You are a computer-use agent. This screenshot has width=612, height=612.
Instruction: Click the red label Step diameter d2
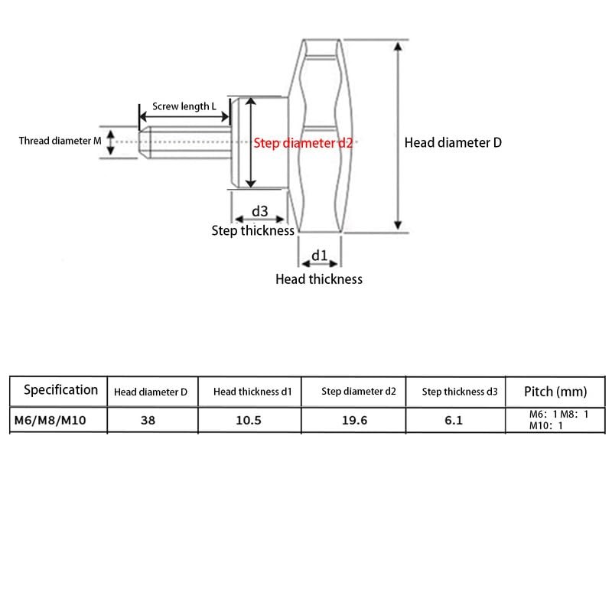(x=305, y=143)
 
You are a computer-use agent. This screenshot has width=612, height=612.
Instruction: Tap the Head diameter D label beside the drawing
(x=453, y=142)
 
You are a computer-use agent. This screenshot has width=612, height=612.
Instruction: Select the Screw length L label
(x=184, y=106)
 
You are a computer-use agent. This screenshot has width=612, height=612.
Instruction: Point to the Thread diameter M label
(x=60, y=141)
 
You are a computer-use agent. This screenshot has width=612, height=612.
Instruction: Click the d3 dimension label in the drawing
(x=259, y=211)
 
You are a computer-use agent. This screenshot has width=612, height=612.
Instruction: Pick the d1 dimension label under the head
(x=319, y=255)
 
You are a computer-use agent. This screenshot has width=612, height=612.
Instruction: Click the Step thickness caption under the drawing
(x=252, y=230)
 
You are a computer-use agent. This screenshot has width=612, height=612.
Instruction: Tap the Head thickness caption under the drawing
(x=318, y=279)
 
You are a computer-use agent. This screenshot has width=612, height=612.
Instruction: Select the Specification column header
(x=60, y=390)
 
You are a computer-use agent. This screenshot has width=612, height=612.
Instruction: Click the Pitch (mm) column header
(x=555, y=392)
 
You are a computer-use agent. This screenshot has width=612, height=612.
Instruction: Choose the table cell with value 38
(x=148, y=420)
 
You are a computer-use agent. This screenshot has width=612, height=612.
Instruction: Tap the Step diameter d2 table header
(x=358, y=392)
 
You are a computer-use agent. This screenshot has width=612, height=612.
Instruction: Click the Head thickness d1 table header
(x=252, y=392)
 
